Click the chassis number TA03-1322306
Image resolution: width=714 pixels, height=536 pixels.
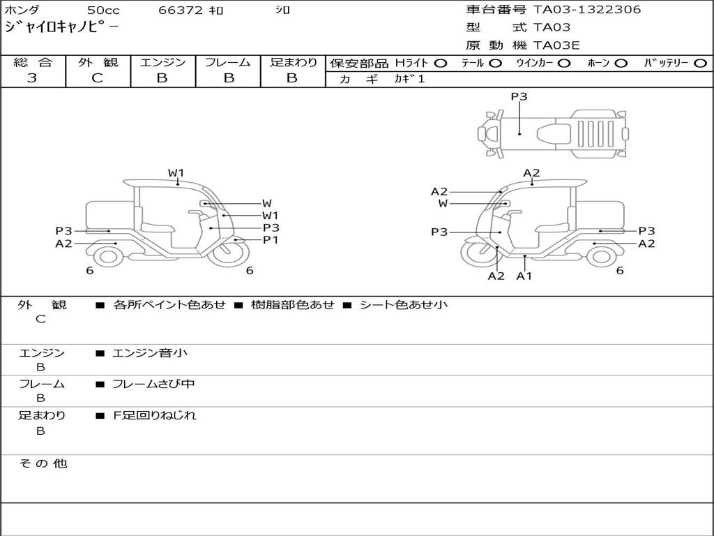point(587,10)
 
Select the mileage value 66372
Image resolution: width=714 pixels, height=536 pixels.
point(181,10)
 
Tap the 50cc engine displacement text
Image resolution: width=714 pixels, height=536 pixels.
point(103,10)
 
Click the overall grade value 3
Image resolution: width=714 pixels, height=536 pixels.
point(32,78)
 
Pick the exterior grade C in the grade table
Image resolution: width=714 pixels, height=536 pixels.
point(97,78)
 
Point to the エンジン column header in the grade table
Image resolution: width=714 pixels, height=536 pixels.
point(162,62)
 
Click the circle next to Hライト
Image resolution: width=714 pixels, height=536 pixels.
point(440,63)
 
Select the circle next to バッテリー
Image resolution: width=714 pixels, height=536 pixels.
point(700,63)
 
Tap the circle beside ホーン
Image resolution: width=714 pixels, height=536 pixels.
point(621,63)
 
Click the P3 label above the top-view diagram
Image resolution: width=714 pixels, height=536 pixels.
point(519,97)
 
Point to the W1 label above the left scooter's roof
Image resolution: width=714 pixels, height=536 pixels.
point(176,172)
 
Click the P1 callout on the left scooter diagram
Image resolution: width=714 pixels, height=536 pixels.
point(271,240)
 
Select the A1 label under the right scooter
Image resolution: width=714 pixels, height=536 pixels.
point(524,276)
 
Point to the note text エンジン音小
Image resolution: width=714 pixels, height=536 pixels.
point(150,353)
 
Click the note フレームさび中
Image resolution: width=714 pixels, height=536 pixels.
point(153,384)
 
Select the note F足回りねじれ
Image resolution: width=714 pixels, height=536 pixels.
point(155,415)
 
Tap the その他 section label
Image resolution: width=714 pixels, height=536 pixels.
point(43,463)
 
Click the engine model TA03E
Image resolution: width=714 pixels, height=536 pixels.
point(556,46)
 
